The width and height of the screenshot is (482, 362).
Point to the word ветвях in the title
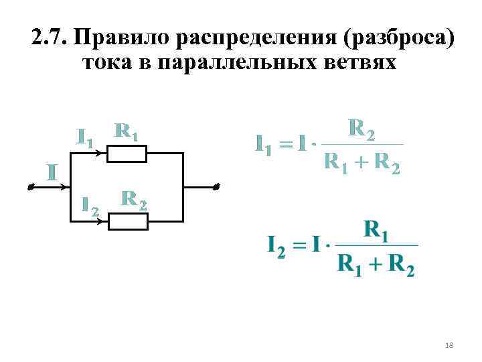[364, 64]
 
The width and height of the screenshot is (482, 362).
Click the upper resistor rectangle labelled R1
[127, 154]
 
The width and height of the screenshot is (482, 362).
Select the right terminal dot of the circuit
[216, 188]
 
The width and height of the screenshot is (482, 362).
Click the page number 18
[449, 345]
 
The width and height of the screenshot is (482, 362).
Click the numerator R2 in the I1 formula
[361, 128]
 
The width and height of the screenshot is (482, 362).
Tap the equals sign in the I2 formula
[299, 245]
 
